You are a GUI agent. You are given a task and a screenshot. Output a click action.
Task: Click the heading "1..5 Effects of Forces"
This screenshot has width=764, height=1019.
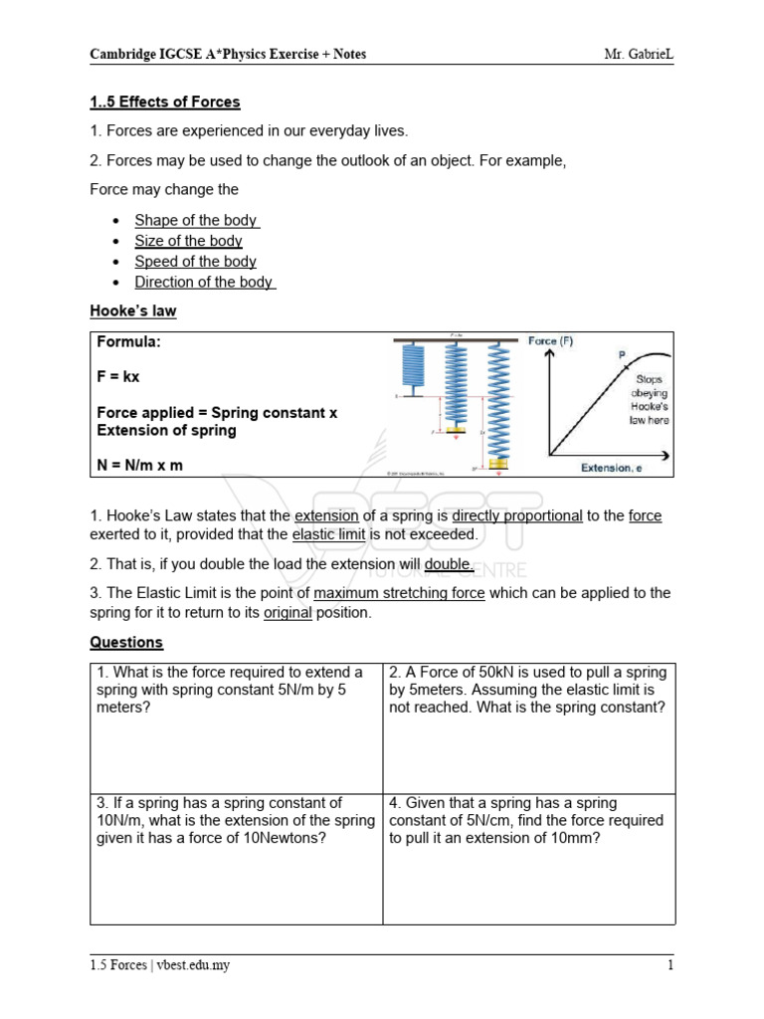coord(165,102)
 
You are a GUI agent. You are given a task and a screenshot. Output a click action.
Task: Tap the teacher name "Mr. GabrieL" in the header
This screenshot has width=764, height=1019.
coord(639,54)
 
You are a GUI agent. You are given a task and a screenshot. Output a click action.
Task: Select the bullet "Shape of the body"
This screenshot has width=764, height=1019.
coord(196,220)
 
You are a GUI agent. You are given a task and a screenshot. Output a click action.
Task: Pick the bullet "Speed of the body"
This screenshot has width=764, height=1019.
coord(195,261)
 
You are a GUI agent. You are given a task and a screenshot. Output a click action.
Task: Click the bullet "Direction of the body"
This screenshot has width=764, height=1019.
coord(204,282)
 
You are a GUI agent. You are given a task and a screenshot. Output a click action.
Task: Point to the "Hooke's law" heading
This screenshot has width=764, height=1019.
coord(133,310)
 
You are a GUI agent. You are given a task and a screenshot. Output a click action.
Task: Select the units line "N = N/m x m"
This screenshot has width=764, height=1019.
coord(140,465)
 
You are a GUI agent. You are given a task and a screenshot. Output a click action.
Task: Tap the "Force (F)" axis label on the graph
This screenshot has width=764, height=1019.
coord(550,341)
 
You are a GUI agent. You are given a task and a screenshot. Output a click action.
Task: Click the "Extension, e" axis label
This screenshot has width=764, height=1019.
coord(617,468)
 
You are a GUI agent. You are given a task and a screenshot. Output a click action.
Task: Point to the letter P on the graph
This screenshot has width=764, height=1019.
coord(623,354)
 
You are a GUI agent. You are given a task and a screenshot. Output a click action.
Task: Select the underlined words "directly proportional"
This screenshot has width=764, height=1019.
coord(517,515)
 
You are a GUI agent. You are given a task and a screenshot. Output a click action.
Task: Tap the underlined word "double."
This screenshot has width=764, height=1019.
coord(450,564)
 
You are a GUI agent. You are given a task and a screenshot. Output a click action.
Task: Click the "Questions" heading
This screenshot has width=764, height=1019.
coord(126,642)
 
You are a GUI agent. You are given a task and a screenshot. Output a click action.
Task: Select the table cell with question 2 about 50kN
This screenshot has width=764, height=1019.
coord(528,726)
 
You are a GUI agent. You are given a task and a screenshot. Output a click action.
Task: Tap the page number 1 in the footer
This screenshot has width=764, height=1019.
coord(669,964)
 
